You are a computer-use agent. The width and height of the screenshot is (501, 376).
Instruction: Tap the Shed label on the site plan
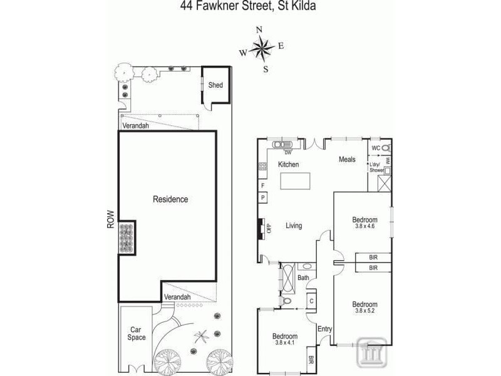(x=215, y=85)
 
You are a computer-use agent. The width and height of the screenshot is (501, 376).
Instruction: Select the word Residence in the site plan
(x=170, y=199)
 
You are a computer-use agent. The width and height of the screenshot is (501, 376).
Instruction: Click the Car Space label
(x=137, y=333)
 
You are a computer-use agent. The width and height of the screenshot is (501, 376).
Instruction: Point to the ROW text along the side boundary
(x=110, y=218)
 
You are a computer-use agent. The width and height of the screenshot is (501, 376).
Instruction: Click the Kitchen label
(x=289, y=165)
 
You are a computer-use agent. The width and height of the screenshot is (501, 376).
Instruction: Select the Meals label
(x=347, y=160)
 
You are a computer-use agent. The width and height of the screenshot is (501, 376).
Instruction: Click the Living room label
(x=294, y=226)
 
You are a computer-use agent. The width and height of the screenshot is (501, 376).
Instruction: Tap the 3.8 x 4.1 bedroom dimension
(x=286, y=343)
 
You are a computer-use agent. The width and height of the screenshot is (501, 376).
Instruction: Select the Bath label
(x=304, y=278)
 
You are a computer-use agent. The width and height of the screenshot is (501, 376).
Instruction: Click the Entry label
(x=324, y=329)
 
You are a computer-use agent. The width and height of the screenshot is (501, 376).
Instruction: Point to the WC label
(x=376, y=149)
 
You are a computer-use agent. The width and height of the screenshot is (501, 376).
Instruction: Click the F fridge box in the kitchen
(x=263, y=185)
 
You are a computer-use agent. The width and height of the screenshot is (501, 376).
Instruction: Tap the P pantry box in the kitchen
(x=263, y=198)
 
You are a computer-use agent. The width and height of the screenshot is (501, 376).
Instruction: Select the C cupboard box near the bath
(x=311, y=300)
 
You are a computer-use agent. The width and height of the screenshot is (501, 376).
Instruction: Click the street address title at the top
(x=246, y=7)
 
